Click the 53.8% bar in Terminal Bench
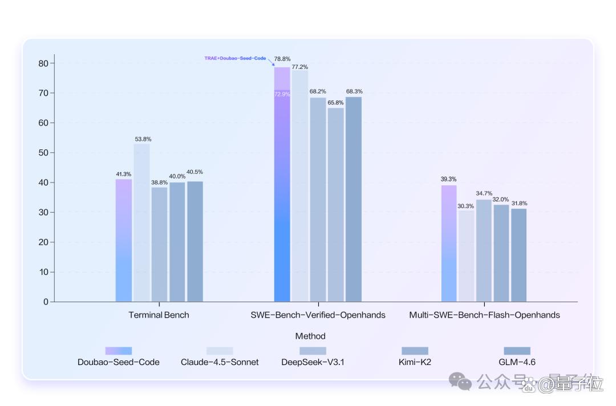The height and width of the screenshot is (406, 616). [141, 222]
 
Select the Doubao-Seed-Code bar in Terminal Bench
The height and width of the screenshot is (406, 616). [124, 240]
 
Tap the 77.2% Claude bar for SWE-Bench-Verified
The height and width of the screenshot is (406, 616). [300, 186]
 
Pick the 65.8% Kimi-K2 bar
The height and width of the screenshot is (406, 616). [336, 205]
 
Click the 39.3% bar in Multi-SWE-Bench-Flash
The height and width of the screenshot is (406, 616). [449, 243]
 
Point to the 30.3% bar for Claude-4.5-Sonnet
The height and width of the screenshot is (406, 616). [466, 256]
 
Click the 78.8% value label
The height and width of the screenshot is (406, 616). [282, 59]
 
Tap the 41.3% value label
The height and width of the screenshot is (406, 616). [123, 174]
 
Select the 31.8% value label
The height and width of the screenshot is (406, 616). [519, 203]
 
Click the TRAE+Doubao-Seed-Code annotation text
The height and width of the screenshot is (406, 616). [235, 58]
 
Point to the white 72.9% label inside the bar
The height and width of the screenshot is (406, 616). [282, 94]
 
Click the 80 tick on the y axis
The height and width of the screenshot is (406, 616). [43, 63]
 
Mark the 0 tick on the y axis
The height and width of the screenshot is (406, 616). [46, 302]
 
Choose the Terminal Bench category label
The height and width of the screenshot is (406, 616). [159, 315]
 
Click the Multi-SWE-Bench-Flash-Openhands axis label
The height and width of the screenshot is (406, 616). [484, 315]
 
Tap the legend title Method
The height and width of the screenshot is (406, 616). [310, 336]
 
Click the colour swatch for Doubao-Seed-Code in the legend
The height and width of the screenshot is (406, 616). [119, 351]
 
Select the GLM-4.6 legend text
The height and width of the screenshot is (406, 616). [517, 362]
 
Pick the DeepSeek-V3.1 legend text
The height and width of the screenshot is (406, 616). [313, 362]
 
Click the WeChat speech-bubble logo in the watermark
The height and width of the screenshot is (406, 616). [460, 381]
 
